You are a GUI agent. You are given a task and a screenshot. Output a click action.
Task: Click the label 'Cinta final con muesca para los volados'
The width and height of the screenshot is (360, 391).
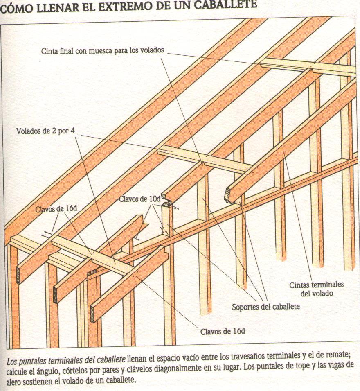tap(102, 51)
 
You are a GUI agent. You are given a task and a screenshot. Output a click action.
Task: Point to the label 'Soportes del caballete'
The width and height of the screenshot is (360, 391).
tap(265, 306)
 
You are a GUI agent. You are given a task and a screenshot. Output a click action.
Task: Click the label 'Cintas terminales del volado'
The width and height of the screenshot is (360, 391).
tap(316, 289)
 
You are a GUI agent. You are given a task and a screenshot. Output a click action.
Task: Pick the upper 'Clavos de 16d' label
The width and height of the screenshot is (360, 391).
tap(56, 208)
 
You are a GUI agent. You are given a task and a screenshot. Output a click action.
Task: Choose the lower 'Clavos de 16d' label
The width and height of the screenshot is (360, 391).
tap(223, 331)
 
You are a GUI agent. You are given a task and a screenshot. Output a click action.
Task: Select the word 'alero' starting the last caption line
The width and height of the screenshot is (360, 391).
tap(15, 380)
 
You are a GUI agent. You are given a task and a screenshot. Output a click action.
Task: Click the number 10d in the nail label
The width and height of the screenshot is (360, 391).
tap(153, 199)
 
